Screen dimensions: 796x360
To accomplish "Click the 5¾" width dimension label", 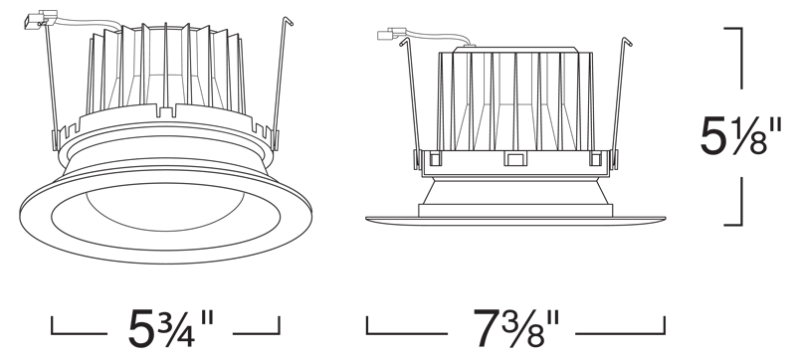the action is click(x=171, y=328).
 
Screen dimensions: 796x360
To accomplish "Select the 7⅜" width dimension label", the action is click(x=516, y=328).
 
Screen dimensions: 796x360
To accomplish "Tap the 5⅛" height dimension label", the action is click(x=740, y=135).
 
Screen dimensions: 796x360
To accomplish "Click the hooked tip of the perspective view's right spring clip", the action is click(x=288, y=21).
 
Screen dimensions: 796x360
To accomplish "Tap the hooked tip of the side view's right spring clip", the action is click(x=627, y=41).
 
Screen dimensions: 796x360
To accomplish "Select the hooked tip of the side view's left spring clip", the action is click(x=405, y=41).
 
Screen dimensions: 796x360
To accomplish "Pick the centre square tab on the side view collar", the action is click(x=514, y=159).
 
